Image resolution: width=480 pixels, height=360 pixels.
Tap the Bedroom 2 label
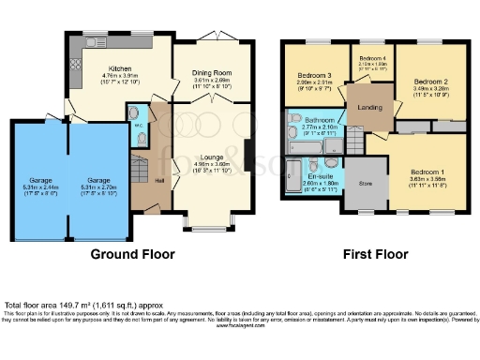[x=432, y=82]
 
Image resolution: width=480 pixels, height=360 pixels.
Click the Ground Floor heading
[x=128, y=254]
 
